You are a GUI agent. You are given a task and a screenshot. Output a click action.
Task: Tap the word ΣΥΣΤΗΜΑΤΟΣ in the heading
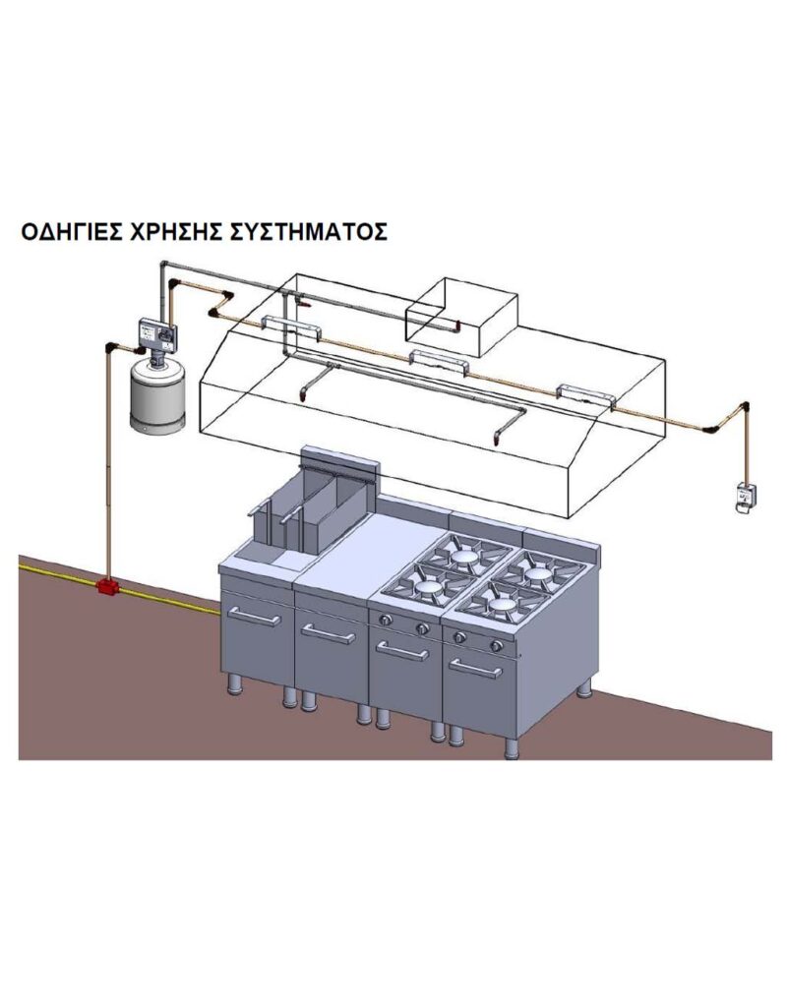click(308, 232)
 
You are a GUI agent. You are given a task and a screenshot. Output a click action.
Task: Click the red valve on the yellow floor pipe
click(105, 587)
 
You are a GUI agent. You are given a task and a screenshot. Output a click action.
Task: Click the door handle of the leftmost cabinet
click(255, 617)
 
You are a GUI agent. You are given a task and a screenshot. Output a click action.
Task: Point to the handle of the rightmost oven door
click(476, 669)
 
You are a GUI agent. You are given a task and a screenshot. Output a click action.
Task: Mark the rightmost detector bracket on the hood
click(586, 393)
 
